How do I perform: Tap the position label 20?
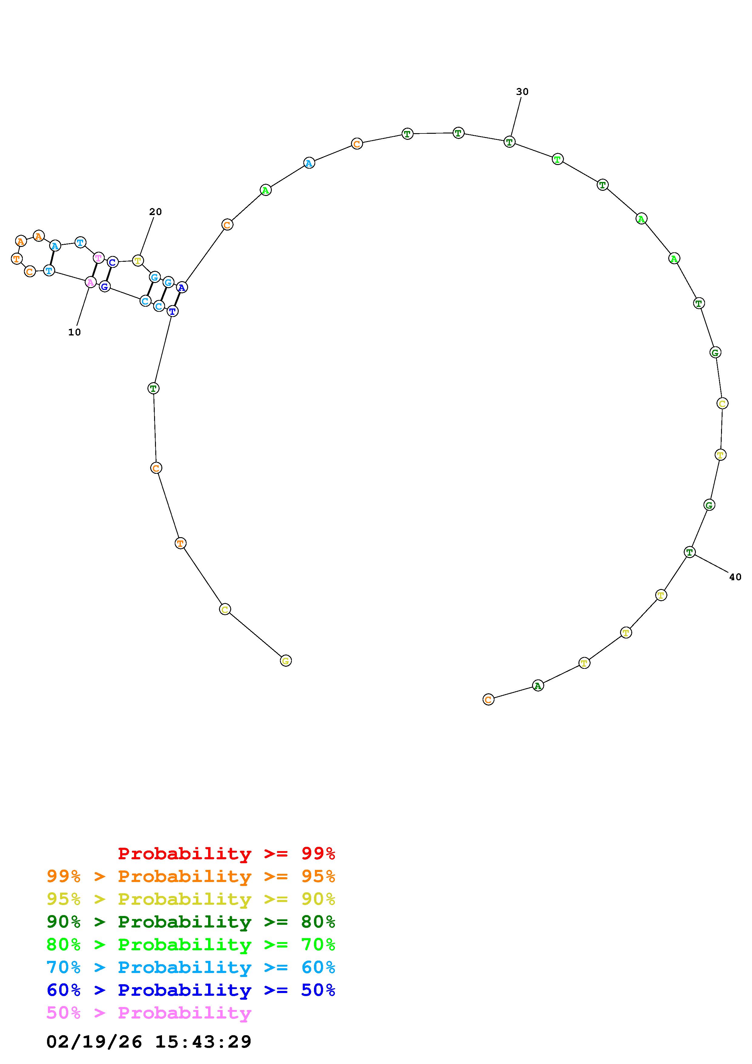(x=155, y=212)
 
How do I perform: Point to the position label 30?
(x=522, y=92)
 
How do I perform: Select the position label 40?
(x=735, y=577)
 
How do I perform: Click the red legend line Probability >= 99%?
(x=227, y=853)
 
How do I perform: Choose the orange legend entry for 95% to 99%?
(x=191, y=876)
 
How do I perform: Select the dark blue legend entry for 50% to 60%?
(x=191, y=990)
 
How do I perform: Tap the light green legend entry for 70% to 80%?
(x=191, y=944)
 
